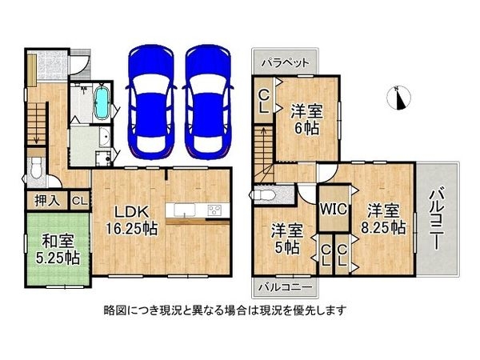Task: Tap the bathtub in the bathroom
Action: coord(101,104)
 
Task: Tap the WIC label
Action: coord(333,209)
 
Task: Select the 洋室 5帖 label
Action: coord(286,238)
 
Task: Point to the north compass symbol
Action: coord(400,97)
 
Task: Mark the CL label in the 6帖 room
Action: coord(264,104)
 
